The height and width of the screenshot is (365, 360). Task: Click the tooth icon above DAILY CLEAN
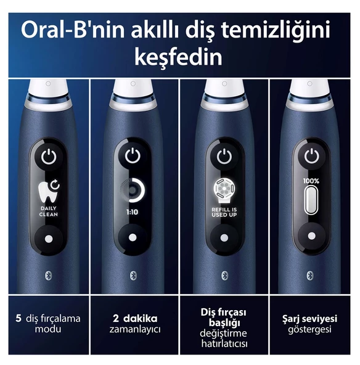tap(49, 191)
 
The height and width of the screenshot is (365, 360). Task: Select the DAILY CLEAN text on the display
tap(49, 211)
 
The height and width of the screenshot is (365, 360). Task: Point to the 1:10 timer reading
tap(132, 212)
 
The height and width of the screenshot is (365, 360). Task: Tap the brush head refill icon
tap(224, 191)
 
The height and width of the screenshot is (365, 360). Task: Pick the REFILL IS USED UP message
tap(224, 212)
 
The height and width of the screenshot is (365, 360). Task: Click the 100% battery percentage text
tap(311, 181)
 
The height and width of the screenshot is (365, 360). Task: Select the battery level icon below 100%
tap(311, 200)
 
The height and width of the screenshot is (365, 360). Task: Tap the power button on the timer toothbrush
tap(133, 155)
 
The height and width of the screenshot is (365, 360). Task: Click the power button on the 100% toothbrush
tap(311, 156)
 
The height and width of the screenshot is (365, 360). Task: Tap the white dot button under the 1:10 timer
tap(133, 237)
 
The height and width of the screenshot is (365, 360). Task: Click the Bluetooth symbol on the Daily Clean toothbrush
tap(48, 276)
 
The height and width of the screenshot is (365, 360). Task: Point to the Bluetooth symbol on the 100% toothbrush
tap(310, 276)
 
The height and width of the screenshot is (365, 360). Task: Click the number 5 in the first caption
tap(18, 318)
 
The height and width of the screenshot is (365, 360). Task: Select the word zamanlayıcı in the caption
tap(135, 329)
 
